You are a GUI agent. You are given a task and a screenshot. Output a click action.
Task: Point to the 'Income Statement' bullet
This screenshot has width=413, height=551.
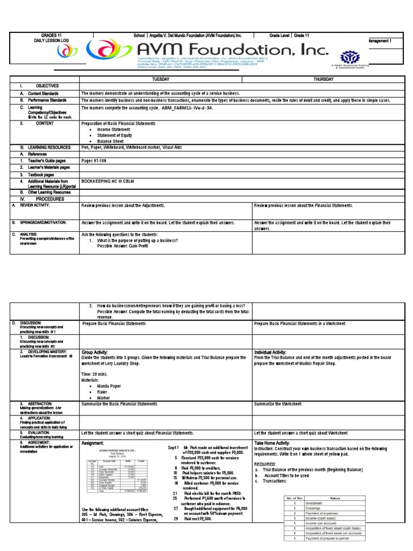(115, 130)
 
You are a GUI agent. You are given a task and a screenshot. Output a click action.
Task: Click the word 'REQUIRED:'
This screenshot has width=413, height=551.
(266, 463)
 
